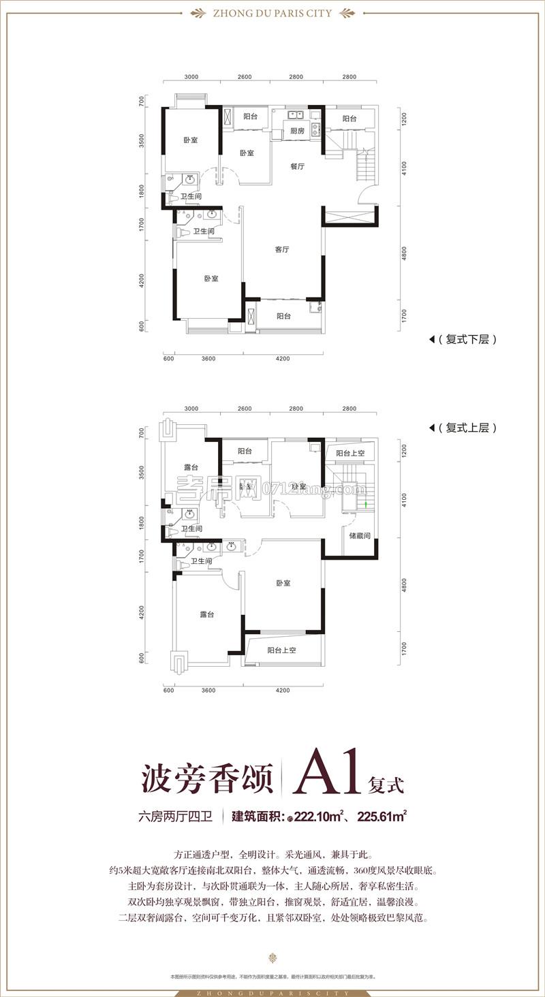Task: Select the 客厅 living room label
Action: coord(283,250)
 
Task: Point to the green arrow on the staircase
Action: coord(367,505)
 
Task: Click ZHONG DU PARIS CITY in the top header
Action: coord(272,12)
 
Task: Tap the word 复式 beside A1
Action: coord(386,784)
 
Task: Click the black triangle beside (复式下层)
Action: coord(432,339)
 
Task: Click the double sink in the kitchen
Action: coord(294,114)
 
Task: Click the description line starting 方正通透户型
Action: coord(272,854)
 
